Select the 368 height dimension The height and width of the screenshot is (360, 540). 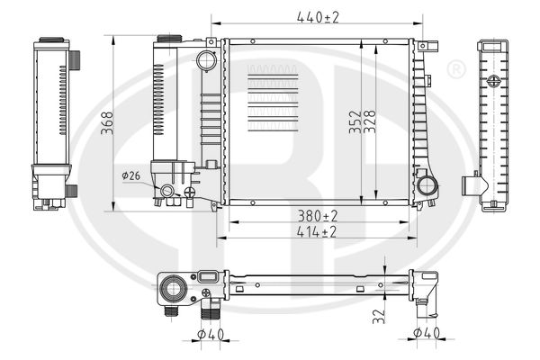tap(106, 121)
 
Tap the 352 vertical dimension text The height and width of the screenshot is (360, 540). tap(355, 121)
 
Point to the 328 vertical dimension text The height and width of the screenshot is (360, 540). tap(372, 121)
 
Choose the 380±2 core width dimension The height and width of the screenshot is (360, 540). tap(318, 216)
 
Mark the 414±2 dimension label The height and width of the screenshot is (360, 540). tap(318, 232)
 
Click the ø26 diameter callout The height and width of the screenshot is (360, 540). tap(130, 175)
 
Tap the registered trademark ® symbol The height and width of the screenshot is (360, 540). tap(456, 68)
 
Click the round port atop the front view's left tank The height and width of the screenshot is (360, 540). tap(206, 61)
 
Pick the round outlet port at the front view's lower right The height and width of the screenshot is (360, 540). tap(426, 187)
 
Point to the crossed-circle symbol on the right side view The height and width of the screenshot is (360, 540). tap(493, 80)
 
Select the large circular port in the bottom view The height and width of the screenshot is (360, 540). tap(171, 289)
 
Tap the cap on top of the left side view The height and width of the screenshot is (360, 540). tap(52, 42)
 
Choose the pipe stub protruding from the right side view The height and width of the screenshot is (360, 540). tap(472, 185)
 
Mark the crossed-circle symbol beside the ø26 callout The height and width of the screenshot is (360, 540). tap(189, 192)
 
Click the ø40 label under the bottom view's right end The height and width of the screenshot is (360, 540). tap(426, 335)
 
